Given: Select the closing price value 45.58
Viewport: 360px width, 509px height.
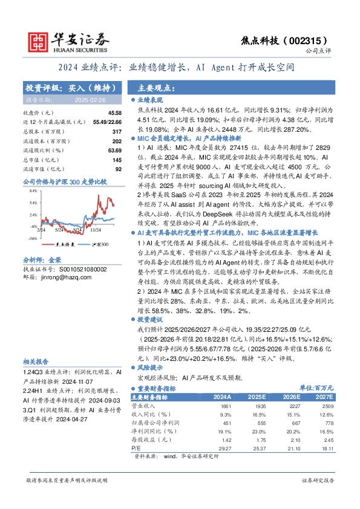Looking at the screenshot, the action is click(115, 113).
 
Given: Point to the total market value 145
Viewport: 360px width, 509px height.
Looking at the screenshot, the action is click(117, 159).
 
